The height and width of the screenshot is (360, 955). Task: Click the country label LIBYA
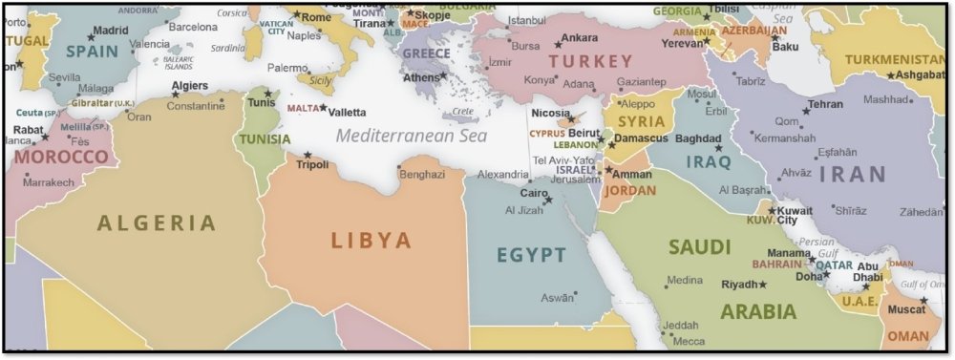(371, 241)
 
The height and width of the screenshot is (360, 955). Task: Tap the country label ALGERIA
(157, 223)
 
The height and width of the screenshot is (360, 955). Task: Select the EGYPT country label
(531, 255)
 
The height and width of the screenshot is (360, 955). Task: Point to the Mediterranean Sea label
(411, 136)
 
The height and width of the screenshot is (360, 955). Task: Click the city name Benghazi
(422, 175)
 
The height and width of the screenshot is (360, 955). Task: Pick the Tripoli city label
(312, 164)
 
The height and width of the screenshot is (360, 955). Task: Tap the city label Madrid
(111, 30)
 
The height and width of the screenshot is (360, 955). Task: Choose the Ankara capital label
(580, 38)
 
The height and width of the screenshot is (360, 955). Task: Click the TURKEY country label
(564, 60)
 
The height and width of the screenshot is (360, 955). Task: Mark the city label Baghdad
(698, 138)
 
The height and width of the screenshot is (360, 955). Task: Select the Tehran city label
(825, 104)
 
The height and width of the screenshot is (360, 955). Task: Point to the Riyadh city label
(738, 285)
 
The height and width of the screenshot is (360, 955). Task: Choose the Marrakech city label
(48, 181)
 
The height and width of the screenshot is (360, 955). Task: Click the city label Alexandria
(501, 175)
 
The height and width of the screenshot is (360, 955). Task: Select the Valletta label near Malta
(347, 112)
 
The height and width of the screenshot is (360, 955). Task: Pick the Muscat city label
(906, 309)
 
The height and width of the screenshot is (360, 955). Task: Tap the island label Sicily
(321, 81)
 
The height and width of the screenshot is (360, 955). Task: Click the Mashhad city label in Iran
(886, 99)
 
